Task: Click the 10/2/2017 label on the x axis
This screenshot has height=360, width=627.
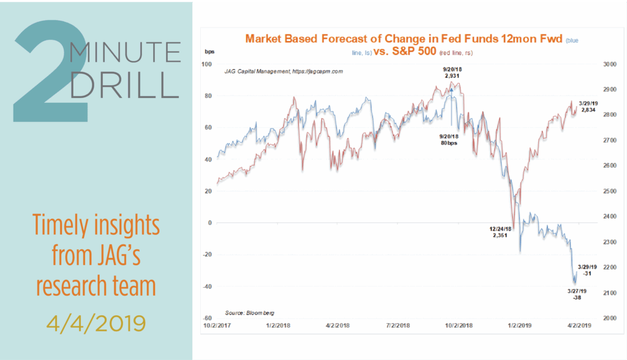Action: [x=217, y=326]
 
